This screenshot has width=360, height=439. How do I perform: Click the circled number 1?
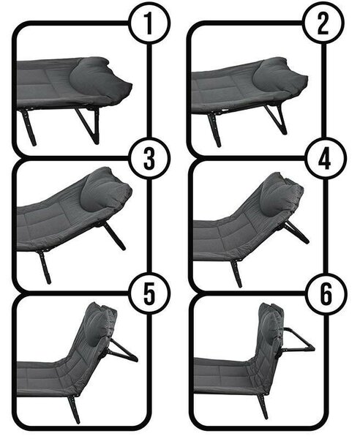click(x=149, y=23)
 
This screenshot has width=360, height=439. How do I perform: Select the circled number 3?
click(x=149, y=159)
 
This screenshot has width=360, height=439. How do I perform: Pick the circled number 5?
click(x=149, y=293)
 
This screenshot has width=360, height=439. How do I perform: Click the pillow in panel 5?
click(x=98, y=326)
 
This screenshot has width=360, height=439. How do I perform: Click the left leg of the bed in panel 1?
click(x=28, y=127)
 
